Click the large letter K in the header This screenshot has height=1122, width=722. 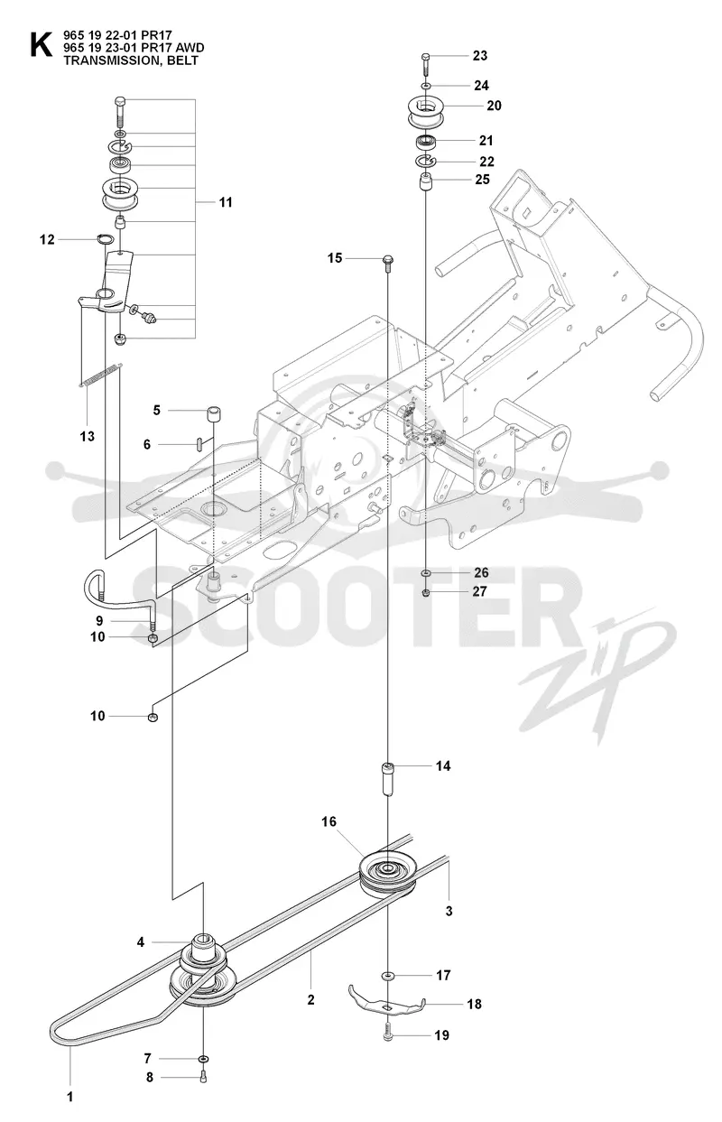click(x=41, y=45)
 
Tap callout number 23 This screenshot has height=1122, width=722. click(x=479, y=56)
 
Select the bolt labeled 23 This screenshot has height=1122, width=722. click(x=425, y=64)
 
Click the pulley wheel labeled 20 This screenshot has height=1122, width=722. click(x=423, y=114)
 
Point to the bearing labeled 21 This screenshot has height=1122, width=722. click(x=427, y=141)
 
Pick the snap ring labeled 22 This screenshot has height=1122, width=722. click(x=426, y=162)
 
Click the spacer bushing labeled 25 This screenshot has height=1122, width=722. click(x=425, y=181)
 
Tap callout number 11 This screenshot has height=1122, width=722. click(x=226, y=202)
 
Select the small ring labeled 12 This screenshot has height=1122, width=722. click(x=104, y=239)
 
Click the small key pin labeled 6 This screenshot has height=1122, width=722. click(x=199, y=444)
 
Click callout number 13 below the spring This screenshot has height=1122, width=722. click(x=88, y=436)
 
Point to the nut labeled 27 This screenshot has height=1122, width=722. click(x=426, y=593)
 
